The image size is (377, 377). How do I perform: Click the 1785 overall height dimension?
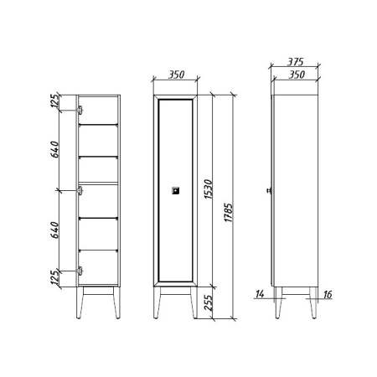pyautogui.click(x=228, y=213)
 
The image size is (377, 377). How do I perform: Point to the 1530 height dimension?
pyautogui.click(x=209, y=189)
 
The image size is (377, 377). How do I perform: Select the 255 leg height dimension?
pyautogui.click(x=209, y=302)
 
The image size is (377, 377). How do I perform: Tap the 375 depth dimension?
pyautogui.click(x=296, y=62)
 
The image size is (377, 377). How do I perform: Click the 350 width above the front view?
pyautogui.click(x=176, y=75)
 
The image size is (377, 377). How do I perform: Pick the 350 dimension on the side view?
pyautogui.click(x=297, y=75)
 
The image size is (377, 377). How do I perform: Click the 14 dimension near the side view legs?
pyautogui.click(x=260, y=294)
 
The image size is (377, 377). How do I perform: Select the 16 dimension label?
pyautogui.click(x=328, y=294)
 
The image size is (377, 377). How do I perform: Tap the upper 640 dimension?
pyautogui.click(x=55, y=149)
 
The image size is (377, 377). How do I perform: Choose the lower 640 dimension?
pyautogui.click(x=55, y=230)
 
